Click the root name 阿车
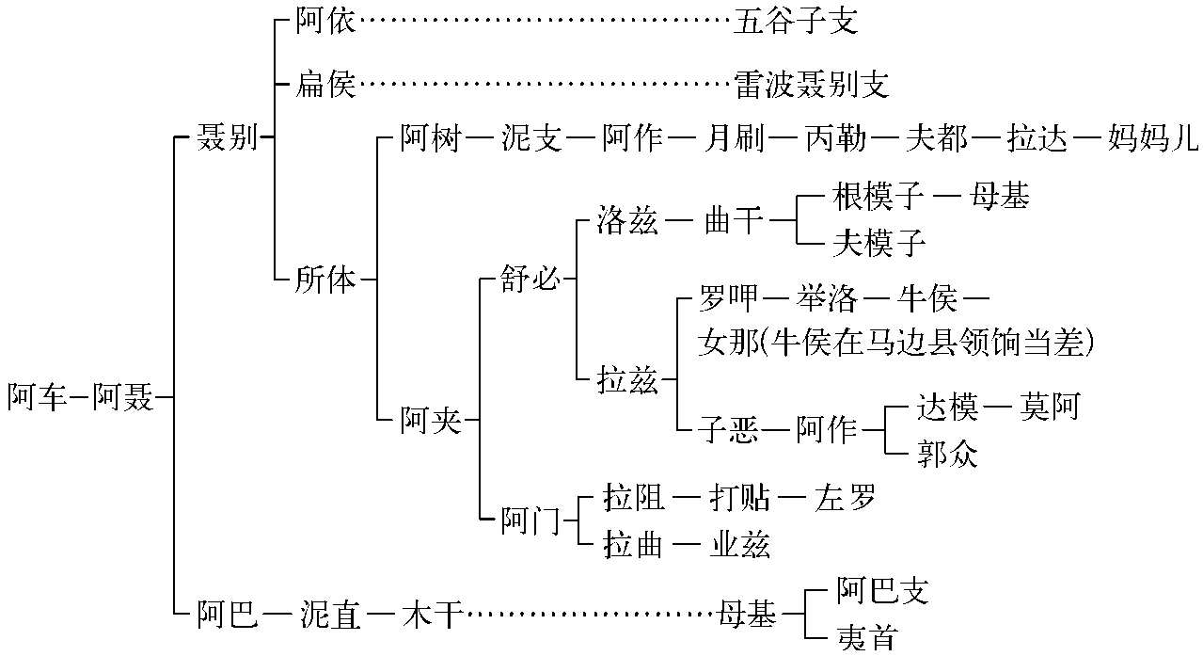coord(37,398)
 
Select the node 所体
coord(326,280)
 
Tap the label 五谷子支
coord(796,21)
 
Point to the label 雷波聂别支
coord(812,85)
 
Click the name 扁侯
coord(325,85)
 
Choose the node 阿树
coord(431,139)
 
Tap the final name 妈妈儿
coord(1152,139)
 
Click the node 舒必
coord(531,280)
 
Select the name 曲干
coord(734,222)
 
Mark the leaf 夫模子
coord(879,244)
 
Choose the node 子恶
coord(729,429)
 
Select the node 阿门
coord(530,520)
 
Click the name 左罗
coord(846,497)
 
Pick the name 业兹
coord(739,545)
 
